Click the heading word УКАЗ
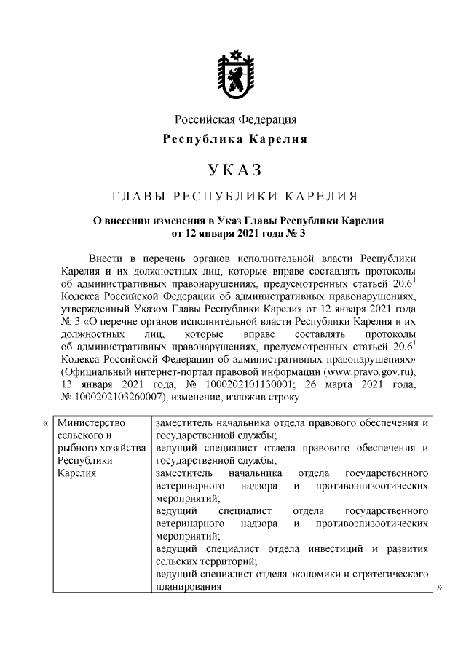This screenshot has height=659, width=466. [x=234, y=170]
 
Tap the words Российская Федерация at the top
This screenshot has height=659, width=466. [x=234, y=119]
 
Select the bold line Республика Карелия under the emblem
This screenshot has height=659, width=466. [x=234, y=138]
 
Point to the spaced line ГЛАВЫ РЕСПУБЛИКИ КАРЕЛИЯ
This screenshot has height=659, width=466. [x=234, y=197]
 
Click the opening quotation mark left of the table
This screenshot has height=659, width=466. [x=45, y=423]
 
